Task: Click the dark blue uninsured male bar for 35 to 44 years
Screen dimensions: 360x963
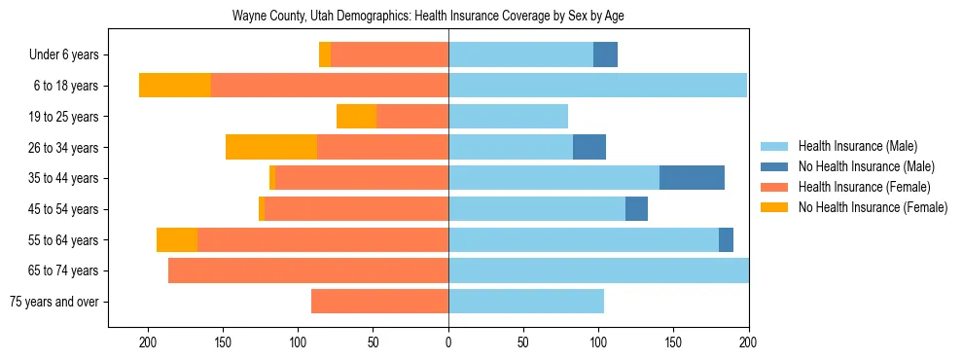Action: [692, 178]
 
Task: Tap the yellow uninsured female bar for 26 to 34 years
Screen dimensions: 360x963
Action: [271, 147]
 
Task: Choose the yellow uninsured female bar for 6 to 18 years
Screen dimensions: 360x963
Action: [175, 86]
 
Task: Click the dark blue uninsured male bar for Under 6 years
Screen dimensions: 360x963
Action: [605, 55]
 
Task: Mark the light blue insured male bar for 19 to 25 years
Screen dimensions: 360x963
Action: [508, 117]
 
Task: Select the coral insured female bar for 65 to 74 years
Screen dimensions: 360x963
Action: [308, 270]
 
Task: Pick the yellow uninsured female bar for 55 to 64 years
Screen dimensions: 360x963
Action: [177, 239]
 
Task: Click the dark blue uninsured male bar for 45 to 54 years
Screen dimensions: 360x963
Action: [636, 209]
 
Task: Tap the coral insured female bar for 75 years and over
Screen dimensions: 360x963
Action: [379, 302]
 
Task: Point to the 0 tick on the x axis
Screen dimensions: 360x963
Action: [448, 342]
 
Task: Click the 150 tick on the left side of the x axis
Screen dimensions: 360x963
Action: [223, 342]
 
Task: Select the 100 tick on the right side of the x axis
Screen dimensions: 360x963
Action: [598, 342]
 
